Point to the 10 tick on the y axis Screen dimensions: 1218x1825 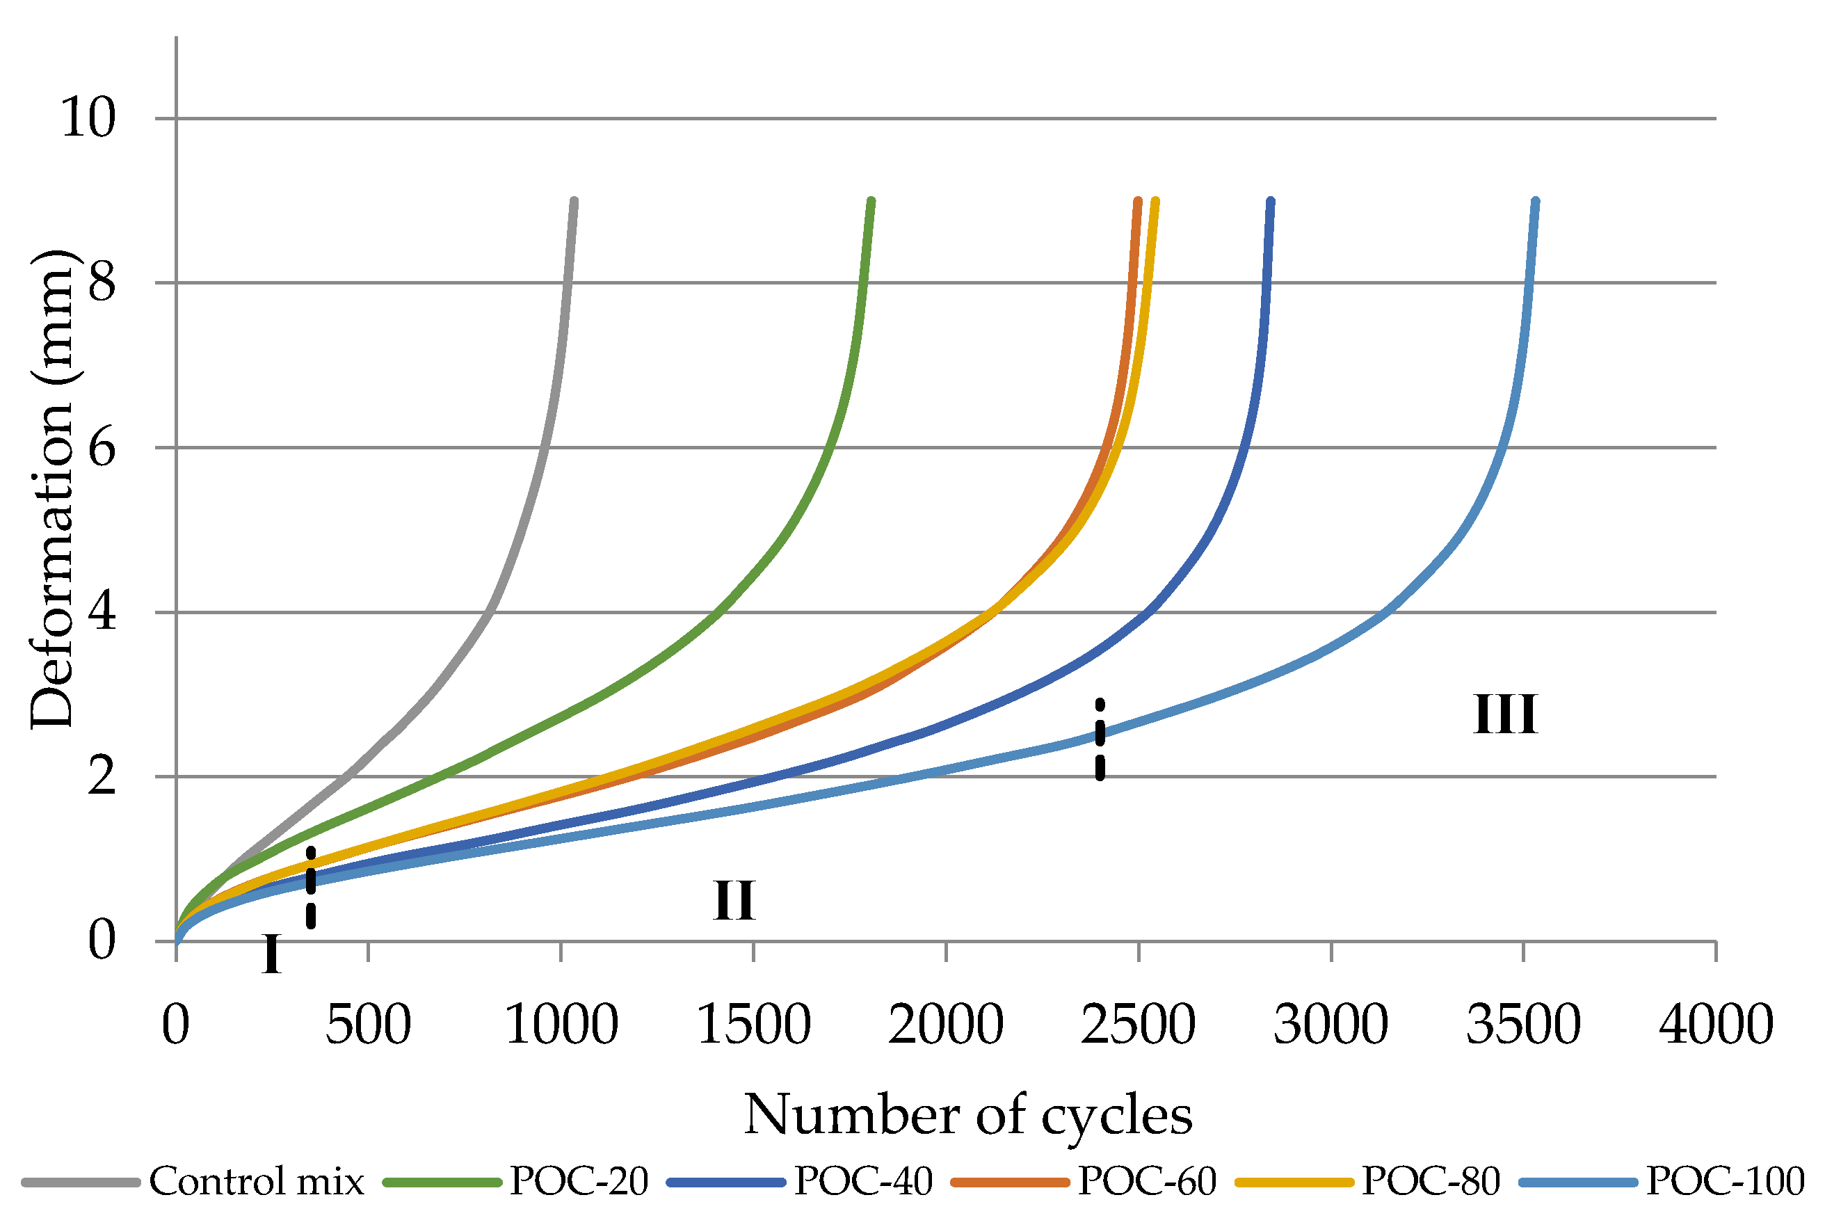pos(88,119)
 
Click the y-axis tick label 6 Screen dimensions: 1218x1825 pos(102,448)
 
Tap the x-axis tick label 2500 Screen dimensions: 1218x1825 pos(1138,1025)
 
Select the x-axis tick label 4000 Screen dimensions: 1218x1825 pos(1717,1025)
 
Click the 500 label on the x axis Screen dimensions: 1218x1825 pos(368,1025)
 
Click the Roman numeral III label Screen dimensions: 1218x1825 pos(1505,714)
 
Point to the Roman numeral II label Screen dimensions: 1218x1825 pos(734,901)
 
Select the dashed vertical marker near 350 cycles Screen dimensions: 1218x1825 pos(311,888)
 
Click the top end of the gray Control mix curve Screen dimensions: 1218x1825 pos(574,202)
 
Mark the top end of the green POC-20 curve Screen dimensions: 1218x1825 pos(871,202)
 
